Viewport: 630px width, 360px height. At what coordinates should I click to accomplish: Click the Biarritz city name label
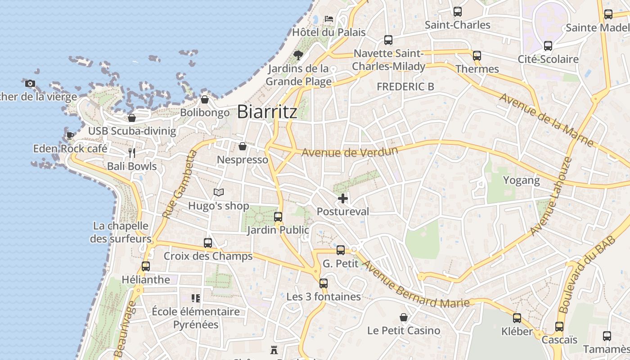pos(267,112)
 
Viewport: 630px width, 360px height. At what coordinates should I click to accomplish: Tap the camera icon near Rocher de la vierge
pos(30,83)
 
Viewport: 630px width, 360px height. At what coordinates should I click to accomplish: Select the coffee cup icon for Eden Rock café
pos(70,135)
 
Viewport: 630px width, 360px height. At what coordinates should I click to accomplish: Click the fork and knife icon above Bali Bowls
pos(132,153)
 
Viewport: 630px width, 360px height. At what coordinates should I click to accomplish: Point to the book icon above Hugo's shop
pos(219,193)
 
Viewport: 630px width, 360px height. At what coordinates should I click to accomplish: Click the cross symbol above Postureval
pos(343,198)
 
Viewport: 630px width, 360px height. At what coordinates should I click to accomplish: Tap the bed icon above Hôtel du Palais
pos(329,19)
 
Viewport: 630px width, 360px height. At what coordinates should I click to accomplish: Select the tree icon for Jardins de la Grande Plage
pos(298,55)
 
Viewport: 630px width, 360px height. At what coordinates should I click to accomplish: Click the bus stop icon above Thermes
pos(477,56)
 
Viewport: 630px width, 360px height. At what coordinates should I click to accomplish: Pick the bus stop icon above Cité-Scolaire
pos(548,46)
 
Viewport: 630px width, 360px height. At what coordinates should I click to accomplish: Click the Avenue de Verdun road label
pos(350,152)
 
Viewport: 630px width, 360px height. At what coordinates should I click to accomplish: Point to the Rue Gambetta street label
pos(180,184)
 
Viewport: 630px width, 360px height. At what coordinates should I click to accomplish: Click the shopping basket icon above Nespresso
pos(243,146)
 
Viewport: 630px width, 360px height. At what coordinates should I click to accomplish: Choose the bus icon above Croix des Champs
pos(208,243)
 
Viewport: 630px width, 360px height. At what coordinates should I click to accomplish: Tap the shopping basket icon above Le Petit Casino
pos(404,317)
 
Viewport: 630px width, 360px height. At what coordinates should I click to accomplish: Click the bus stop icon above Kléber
pos(517,318)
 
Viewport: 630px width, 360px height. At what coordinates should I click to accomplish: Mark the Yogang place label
pos(521,180)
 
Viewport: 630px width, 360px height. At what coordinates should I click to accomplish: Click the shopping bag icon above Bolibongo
pos(205,99)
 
